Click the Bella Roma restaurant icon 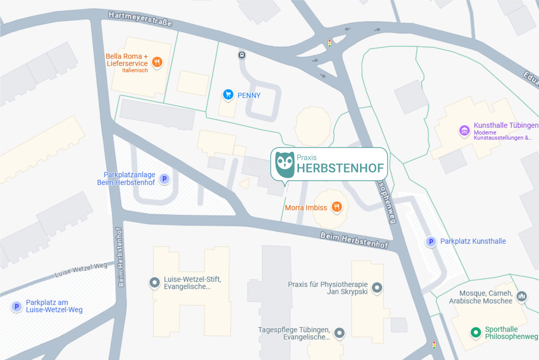click(x=157, y=62)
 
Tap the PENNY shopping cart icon click(x=228, y=94)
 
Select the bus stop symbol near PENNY click(x=242, y=55)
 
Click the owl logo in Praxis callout click(x=285, y=165)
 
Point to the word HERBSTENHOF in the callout click(x=340, y=168)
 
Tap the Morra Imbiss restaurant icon click(x=336, y=207)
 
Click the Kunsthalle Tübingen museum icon click(x=464, y=130)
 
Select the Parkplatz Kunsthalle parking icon click(x=431, y=241)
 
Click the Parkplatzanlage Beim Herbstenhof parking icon click(x=164, y=179)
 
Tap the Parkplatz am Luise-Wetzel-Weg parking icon click(x=17, y=306)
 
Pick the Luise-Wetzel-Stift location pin click(x=155, y=282)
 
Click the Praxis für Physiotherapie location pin click(x=377, y=287)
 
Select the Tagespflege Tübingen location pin click(x=339, y=333)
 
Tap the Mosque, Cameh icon click(x=522, y=296)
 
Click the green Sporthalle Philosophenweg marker click(x=476, y=332)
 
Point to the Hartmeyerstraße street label click(x=140, y=19)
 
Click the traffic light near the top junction click(x=330, y=43)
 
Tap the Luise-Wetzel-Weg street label click(x=81, y=270)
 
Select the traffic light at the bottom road click(x=434, y=345)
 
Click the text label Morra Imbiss click(x=306, y=208)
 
